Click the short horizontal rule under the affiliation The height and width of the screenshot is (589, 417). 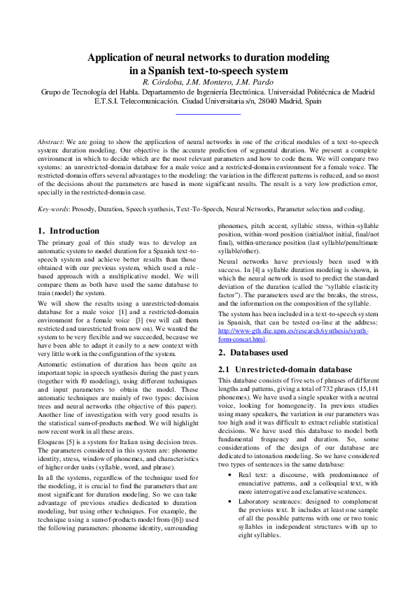208,113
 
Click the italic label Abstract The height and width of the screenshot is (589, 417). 52,141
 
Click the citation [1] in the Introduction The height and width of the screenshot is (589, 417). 123,310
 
